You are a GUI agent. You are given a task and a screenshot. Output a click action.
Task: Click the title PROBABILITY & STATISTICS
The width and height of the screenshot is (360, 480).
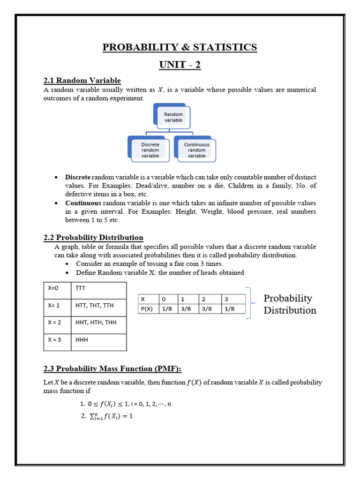pyautogui.click(x=180, y=47)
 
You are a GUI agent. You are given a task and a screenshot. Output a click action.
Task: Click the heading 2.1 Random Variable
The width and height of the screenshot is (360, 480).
pyautogui.click(x=82, y=81)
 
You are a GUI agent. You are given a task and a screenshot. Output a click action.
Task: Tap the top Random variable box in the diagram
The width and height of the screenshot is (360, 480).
pyautogui.click(x=173, y=117)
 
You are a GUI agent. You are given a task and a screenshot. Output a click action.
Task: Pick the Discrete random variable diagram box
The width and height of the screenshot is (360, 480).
pyautogui.click(x=150, y=150)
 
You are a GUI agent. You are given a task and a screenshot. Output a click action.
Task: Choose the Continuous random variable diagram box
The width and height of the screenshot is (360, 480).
pyautogui.click(x=196, y=150)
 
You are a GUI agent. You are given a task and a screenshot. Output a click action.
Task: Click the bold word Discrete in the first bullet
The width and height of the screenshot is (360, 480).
pyautogui.click(x=78, y=177)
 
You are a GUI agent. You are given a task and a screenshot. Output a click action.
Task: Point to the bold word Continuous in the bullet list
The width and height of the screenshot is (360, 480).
pyautogui.click(x=83, y=203)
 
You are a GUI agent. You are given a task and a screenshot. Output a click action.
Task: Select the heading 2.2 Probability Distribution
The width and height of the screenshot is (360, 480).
pyautogui.click(x=93, y=238)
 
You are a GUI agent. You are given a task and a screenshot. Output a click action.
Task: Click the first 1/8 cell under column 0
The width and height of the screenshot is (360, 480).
pyautogui.click(x=166, y=308)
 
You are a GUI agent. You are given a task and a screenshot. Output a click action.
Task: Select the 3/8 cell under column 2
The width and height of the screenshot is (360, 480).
pyautogui.click(x=207, y=308)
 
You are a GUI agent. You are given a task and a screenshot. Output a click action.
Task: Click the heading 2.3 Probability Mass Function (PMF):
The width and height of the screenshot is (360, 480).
pyautogui.click(x=112, y=368)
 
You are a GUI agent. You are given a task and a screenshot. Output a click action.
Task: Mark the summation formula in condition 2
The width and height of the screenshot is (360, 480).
pyautogui.click(x=111, y=415)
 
